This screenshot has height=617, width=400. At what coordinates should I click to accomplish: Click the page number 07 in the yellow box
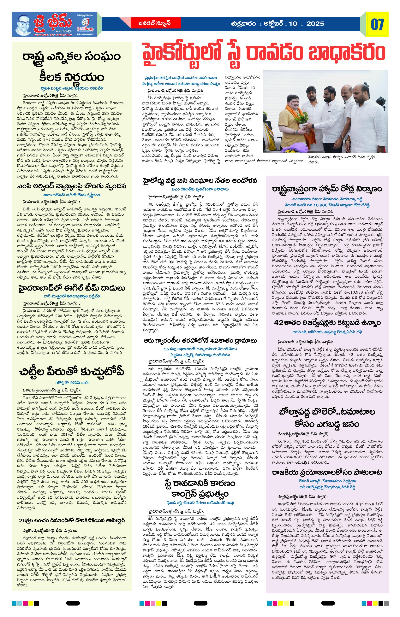[377, 24]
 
